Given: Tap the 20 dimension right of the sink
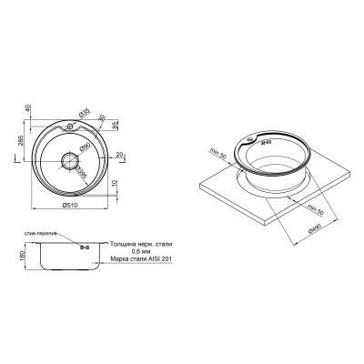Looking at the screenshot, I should [120, 156].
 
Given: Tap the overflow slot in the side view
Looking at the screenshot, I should [83, 248].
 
